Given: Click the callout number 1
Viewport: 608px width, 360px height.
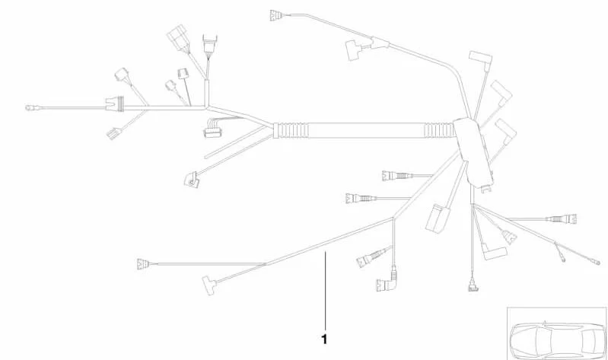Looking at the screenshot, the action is (324, 339).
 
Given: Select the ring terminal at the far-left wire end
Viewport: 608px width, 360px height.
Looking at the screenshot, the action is (30, 107).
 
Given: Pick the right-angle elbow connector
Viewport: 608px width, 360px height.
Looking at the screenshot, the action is (387, 282).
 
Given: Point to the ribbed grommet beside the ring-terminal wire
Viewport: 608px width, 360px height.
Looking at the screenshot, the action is (115, 104).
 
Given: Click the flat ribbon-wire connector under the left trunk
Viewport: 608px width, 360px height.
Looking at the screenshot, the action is (213, 128).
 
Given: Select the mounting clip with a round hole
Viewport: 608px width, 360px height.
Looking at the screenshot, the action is (192, 180).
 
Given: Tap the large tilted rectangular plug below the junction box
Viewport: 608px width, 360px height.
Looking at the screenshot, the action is (438, 218).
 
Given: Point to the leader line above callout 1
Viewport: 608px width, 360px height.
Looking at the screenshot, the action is (325, 292).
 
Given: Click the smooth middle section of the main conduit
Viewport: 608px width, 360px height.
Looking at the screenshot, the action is (367, 130).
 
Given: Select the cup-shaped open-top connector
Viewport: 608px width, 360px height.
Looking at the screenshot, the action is (210, 43).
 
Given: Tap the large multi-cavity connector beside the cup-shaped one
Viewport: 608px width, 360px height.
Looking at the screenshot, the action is (179, 38).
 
